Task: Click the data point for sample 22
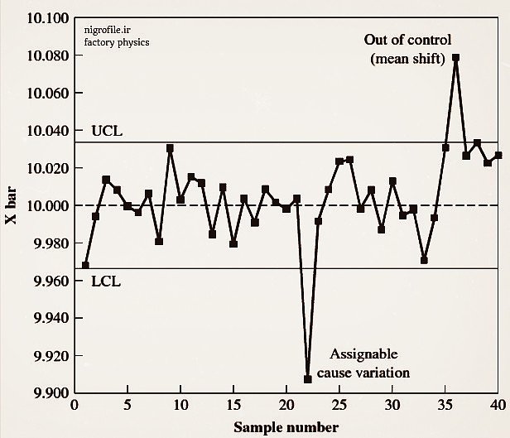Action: (x=308, y=378)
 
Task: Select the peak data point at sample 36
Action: (x=456, y=57)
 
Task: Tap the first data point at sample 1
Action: (x=85, y=265)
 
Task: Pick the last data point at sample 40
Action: (x=498, y=155)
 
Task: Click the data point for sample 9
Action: (x=170, y=148)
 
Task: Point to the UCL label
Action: (x=107, y=131)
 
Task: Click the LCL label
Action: (x=106, y=281)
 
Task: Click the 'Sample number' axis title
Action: (x=286, y=427)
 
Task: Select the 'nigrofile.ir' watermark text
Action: (x=108, y=29)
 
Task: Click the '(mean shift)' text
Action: (x=408, y=58)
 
